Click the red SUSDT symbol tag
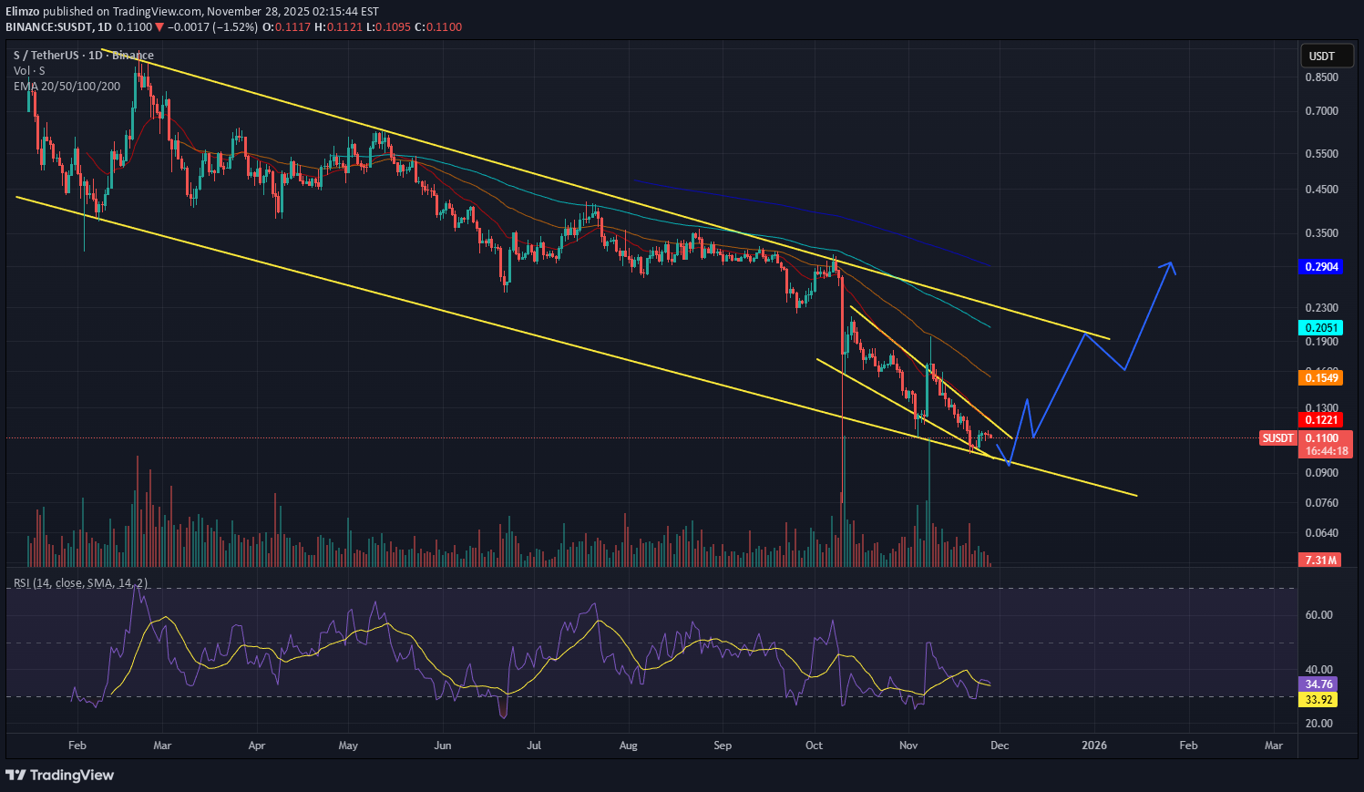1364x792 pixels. [x=1277, y=438]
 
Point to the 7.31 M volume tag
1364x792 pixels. [x=1320, y=560]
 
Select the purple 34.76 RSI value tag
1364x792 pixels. [x=1318, y=684]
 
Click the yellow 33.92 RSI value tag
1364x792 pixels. [x=1318, y=700]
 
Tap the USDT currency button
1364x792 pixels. [x=1321, y=57]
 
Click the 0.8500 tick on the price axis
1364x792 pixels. [x=1321, y=77]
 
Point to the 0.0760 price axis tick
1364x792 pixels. [x=1321, y=503]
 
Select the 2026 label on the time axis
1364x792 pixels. [x=1093, y=746]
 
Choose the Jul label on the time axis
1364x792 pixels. [x=534, y=746]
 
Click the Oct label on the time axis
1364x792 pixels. [x=814, y=746]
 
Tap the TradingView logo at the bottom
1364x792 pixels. [x=60, y=775]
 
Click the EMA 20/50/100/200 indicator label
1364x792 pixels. [x=67, y=87]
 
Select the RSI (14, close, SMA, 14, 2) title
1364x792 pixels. [x=80, y=582]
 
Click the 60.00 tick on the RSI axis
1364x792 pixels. [x=1318, y=615]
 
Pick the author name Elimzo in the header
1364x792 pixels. [x=23, y=12]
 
